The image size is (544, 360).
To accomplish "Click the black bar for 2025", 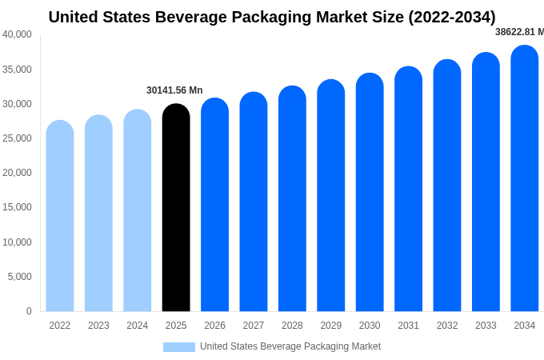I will pos(176,208).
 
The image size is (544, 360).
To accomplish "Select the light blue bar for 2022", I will pos(60,216).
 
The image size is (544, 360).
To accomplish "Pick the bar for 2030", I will pos(370,192).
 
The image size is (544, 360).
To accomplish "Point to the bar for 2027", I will pos(254,202).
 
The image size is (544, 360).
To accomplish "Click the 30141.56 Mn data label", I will pos(174,90).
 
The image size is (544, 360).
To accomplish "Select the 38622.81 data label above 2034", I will pos(519,32).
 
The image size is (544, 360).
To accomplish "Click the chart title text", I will pos(272,17).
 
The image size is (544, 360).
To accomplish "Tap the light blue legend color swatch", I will pos(179,347).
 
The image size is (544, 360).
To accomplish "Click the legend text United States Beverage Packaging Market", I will pos(290,346).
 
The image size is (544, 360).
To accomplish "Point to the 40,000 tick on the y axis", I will pos(17,34).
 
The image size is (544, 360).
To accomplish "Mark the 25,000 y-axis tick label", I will pos(17,138).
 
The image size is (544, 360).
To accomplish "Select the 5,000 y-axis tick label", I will pos(19,277).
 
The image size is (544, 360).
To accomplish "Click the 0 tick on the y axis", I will pos(29,311).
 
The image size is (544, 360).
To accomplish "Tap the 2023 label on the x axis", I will pos(98,326).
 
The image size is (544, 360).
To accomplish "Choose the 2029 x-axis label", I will pos(331,326).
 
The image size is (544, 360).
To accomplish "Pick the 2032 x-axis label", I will pos(447,326).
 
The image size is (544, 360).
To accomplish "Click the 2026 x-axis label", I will pos(214,326).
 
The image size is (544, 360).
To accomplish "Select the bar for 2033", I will pos(486,182).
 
